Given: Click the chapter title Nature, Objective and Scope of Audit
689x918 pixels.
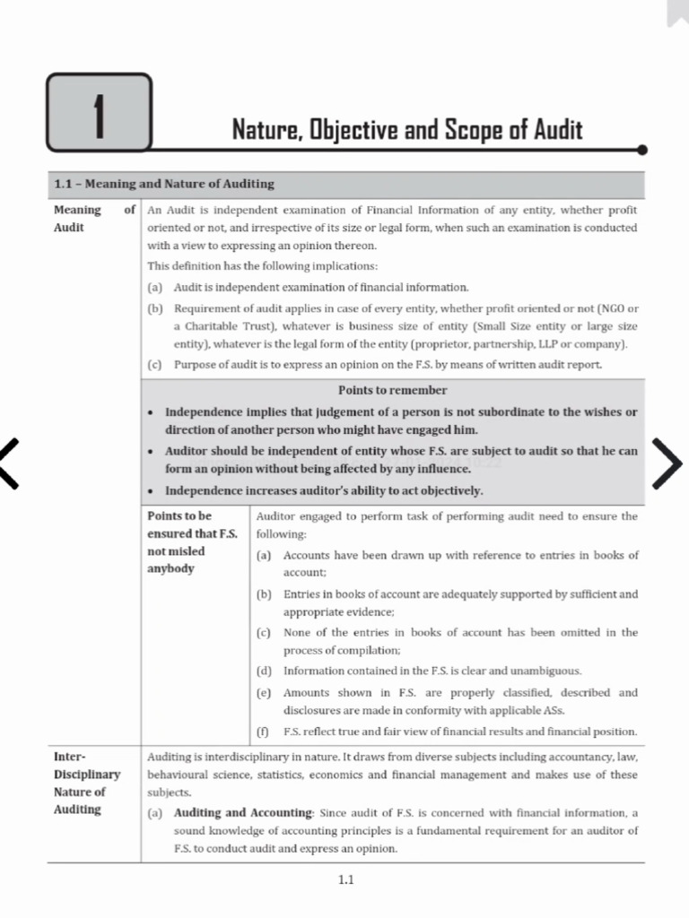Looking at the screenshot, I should pyautogui.click(x=407, y=130).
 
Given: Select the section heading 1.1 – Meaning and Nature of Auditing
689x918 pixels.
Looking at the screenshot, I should pyautogui.click(x=164, y=184).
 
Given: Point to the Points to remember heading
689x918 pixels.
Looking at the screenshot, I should pyautogui.click(x=392, y=390).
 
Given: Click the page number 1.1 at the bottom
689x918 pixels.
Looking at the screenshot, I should pyautogui.click(x=345, y=879).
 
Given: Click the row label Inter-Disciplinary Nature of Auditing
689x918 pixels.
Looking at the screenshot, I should pyautogui.click(x=86, y=783).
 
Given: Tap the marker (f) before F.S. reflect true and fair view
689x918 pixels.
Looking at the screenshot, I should pyautogui.click(x=264, y=732).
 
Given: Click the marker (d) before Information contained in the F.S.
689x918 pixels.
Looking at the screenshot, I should pyautogui.click(x=264, y=671).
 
